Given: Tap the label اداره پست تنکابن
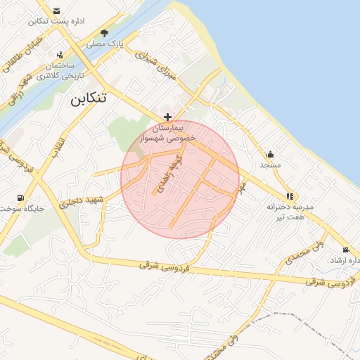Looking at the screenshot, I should (56, 21).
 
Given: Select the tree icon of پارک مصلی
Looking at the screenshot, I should (105, 33).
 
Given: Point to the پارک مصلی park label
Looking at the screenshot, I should (105, 44).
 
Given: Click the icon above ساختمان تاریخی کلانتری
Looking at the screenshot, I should (60, 54).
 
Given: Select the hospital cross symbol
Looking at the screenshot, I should (167, 117).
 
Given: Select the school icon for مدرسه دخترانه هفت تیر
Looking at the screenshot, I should (289, 196).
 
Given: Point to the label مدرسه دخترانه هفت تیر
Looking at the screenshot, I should (289, 212).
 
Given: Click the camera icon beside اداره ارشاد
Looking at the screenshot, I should (345, 250).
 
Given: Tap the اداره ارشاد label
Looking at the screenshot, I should (345, 260).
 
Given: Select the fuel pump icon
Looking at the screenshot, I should (21, 198).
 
